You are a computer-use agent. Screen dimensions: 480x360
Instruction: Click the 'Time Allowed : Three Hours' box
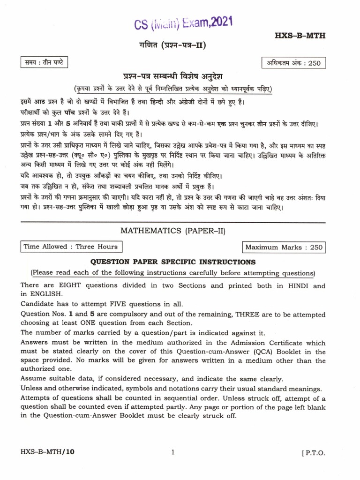70,247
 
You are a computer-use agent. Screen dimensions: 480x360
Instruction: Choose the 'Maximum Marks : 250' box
284,247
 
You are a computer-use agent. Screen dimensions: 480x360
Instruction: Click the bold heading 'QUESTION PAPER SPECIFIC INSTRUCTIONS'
173,262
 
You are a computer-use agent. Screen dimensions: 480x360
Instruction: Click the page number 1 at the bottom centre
172,453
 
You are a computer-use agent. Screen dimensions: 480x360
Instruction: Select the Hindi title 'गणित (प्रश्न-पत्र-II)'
172,45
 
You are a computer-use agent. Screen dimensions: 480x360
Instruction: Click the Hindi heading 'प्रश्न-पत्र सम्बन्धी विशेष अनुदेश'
172,77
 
